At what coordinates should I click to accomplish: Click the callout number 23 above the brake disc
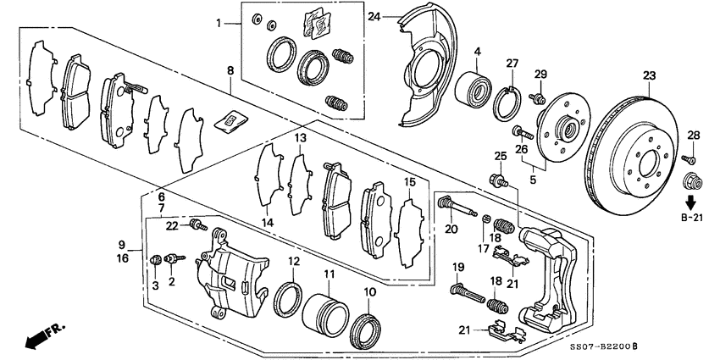(649, 75)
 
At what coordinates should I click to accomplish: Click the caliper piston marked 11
(324, 312)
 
